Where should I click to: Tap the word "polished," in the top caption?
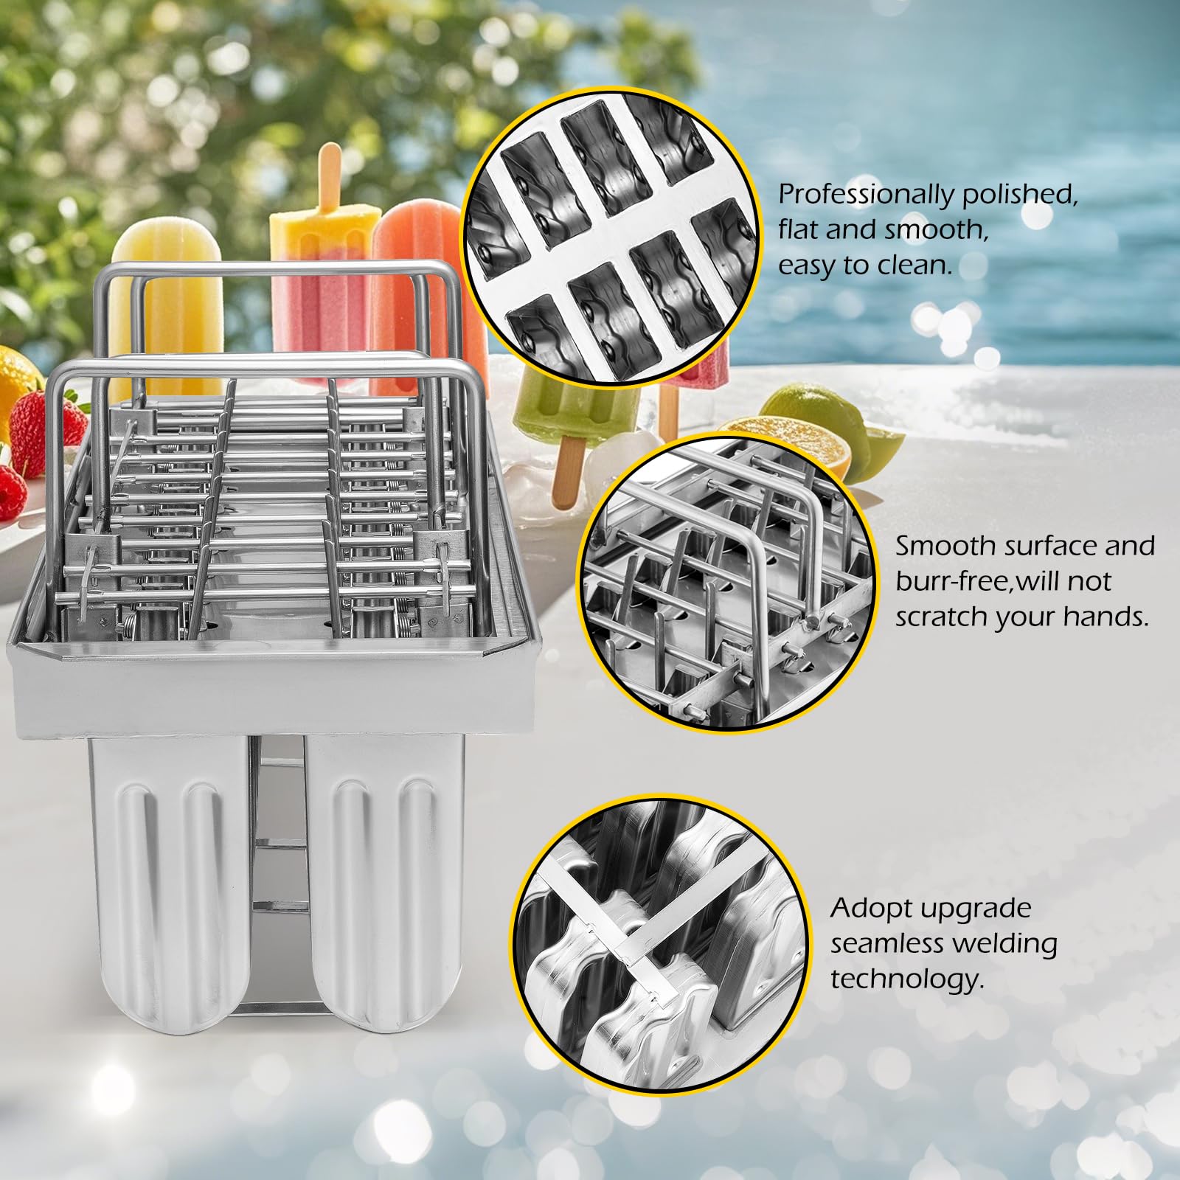[1020, 194]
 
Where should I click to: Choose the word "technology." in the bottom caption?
[907, 979]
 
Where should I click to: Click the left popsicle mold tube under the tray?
[169, 870]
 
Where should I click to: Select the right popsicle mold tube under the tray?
[384, 870]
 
